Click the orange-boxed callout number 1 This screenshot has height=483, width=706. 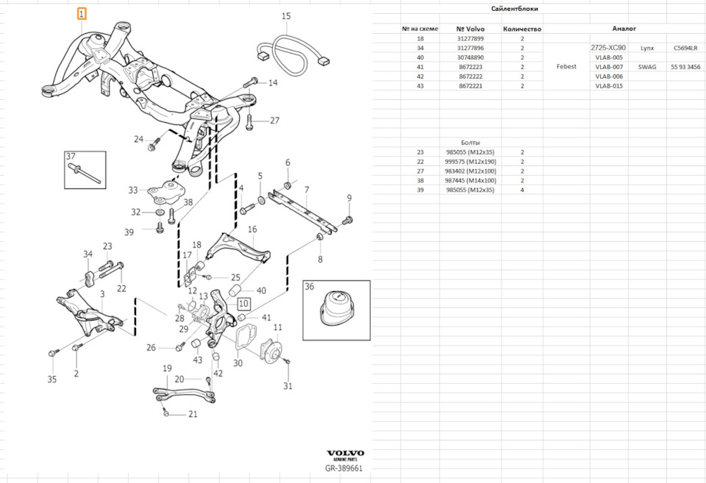pos(82,13)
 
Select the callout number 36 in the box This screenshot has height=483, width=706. pos(309,287)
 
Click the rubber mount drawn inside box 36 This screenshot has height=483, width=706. pos(338,310)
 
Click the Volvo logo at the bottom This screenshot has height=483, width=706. pos(345,454)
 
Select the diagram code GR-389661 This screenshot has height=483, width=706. pos(344,468)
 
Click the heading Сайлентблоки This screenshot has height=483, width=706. pos(521,9)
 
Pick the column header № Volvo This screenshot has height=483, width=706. pos(471,29)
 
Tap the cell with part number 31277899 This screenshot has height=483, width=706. pos(471,38)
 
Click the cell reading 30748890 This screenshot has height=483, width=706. pos(471,57)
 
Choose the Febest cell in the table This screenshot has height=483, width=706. pos(567,67)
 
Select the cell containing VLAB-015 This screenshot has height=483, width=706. pos(609,86)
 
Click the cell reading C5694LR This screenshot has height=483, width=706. pos(685,48)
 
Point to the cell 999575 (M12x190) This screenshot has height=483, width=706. pos(471,162)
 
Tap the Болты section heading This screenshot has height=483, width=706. pos(471,142)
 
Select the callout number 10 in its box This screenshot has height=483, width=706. pos(243,303)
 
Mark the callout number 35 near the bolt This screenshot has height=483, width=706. pos(51,379)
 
